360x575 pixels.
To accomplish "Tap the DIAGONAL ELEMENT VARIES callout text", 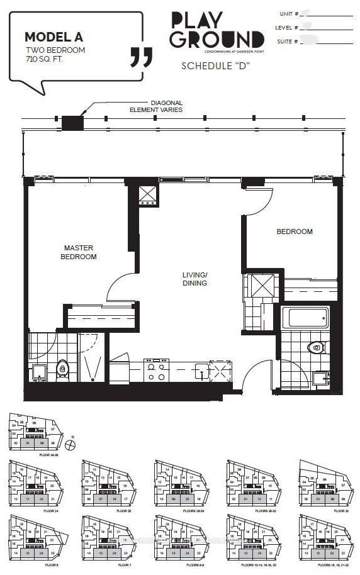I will coord(166,106).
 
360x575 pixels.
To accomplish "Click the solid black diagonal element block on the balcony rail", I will coord(72,123).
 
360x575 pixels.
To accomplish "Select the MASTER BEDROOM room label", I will coord(79,252).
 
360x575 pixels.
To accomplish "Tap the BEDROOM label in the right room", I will coord(294,232).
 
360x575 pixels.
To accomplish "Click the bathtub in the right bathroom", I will coord(305,318).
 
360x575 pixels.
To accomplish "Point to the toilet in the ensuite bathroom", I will coord(62,367).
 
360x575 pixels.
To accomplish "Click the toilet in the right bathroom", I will coord(315,347).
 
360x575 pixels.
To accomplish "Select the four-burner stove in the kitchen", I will coord(157,370).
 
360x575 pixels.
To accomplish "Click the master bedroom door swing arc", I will coord(121,286).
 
